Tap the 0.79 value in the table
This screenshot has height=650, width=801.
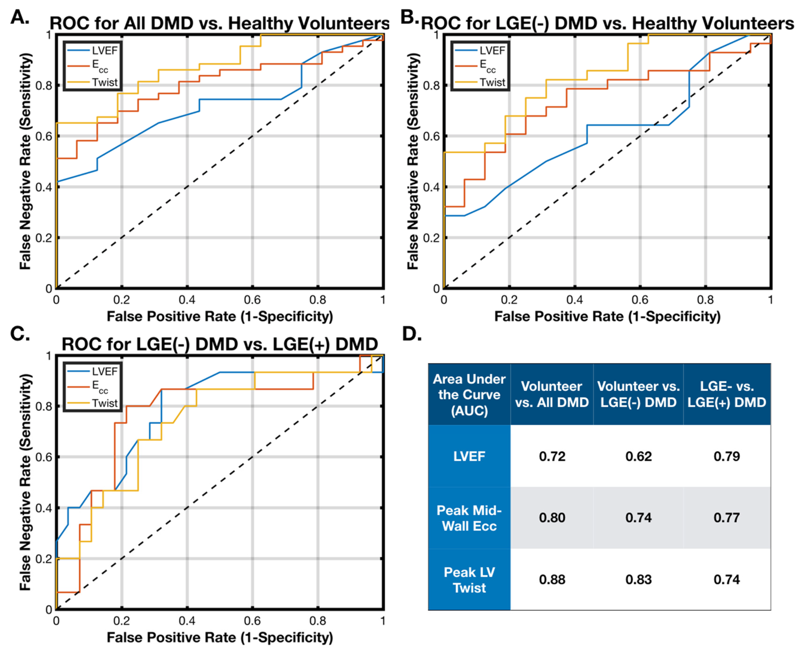click(727, 456)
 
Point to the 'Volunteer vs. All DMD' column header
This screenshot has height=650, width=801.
click(552, 394)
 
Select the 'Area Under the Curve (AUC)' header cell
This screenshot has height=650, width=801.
click(469, 395)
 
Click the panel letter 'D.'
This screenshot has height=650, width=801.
click(412, 334)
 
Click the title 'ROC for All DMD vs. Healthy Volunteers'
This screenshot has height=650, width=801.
click(219, 23)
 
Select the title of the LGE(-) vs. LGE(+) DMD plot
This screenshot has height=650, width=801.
click(219, 344)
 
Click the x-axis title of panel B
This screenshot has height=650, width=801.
click(607, 317)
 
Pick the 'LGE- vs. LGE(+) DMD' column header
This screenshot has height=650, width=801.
click(727, 394)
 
